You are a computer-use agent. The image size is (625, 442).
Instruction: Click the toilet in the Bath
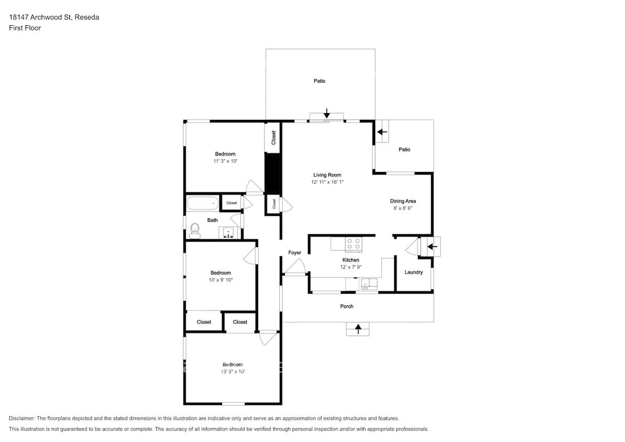point(195,231)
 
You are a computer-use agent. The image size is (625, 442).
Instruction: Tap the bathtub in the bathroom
point(203,203)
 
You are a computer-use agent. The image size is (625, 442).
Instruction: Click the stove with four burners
point(354,244)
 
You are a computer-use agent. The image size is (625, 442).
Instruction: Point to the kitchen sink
point(369,284)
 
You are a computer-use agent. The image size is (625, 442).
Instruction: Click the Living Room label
point(327,175)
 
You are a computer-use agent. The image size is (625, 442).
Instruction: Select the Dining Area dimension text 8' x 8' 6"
point(403,208)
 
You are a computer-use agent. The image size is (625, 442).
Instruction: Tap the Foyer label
point(295,253)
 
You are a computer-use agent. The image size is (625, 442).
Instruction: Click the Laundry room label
point(413,272)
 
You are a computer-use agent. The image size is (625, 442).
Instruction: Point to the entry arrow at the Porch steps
point(358,329)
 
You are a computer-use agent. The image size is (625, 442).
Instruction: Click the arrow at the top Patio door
point(327,113)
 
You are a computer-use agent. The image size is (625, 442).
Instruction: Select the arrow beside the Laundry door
point(432,247)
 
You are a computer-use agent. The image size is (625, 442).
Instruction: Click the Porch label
point(347,306)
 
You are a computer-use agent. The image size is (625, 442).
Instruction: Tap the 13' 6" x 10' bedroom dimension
point(233,371)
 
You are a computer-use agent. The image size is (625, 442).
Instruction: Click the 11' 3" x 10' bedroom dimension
point(225,161)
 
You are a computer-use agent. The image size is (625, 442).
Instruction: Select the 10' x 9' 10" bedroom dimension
point(221,280)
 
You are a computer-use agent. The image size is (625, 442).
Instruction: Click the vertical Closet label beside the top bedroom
point(273,138)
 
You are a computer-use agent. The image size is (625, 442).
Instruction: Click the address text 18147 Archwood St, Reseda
point(54,17)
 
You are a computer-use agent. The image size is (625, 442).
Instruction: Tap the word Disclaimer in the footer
point(24,418)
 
